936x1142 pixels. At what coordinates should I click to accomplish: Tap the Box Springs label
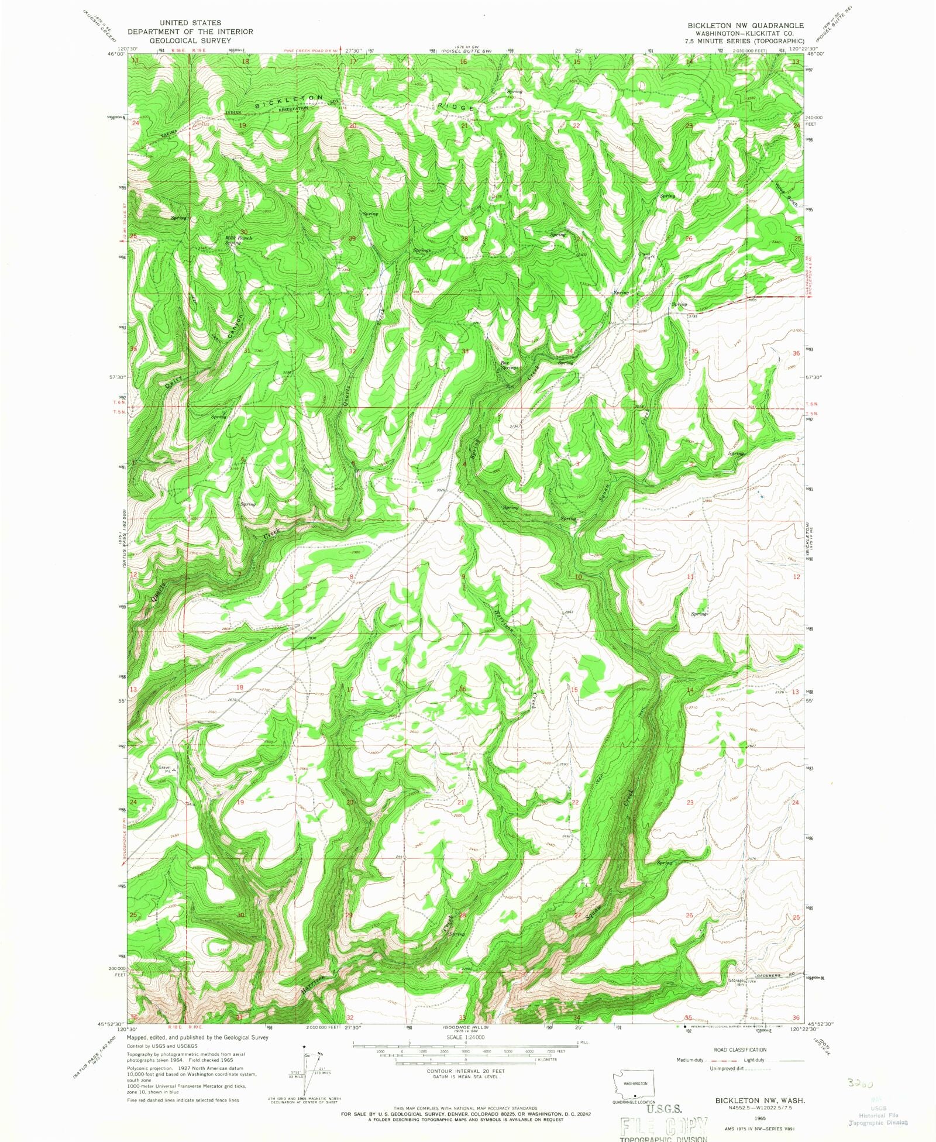click(509, 366)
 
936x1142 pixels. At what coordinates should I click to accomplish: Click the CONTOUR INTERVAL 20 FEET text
click(466, 1070)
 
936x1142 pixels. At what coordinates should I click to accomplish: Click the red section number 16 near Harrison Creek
click(463, 689)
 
